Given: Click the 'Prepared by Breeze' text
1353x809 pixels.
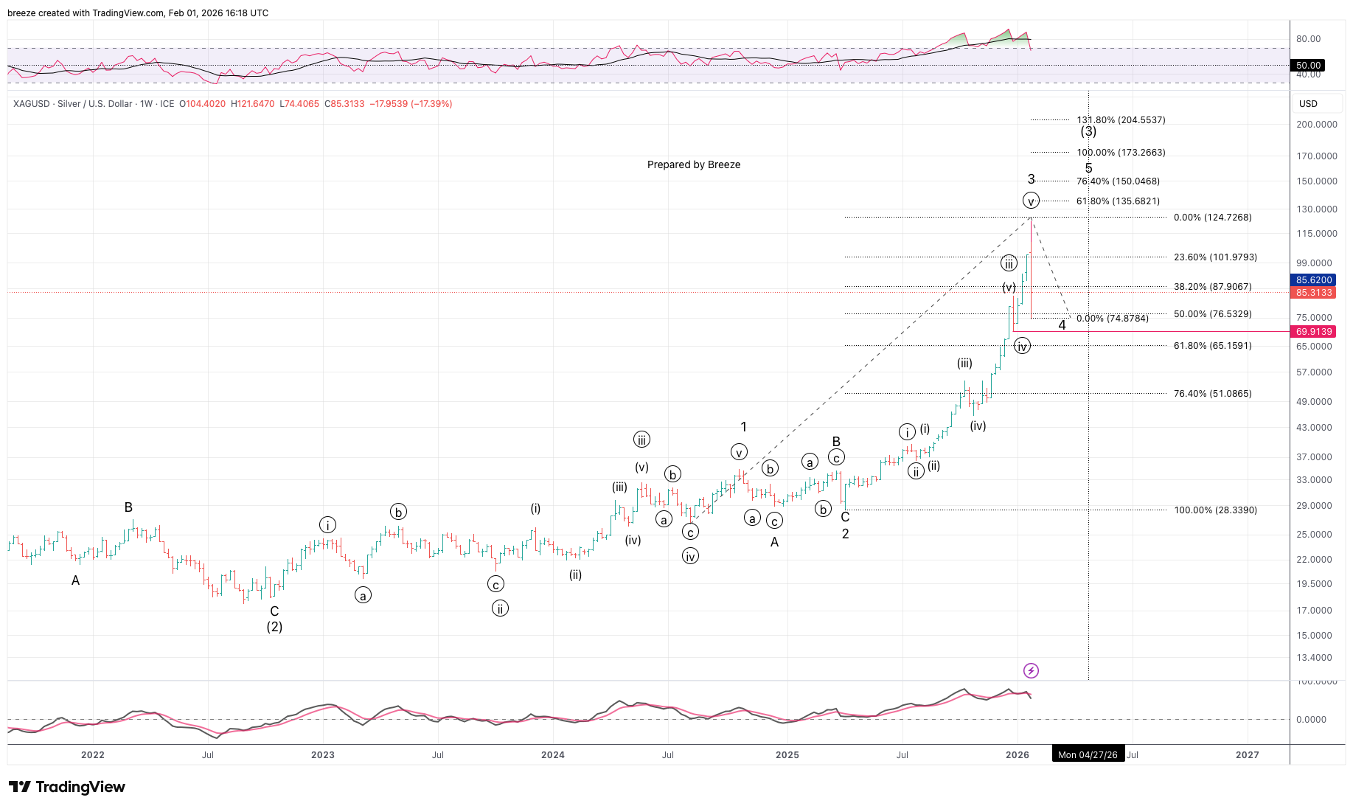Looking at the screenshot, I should (693, 164).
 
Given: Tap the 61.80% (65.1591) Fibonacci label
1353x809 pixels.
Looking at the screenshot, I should (1212, 345).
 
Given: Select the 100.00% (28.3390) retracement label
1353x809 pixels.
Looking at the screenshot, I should (1215, 510).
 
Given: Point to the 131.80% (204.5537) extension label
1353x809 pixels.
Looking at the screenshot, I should (1121, 119).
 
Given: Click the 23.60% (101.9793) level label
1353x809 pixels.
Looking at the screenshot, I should (1215, 257).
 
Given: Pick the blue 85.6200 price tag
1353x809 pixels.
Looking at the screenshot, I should (1314, 280).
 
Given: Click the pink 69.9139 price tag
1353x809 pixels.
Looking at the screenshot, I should (1314, 332).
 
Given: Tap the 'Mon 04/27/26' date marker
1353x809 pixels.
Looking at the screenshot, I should (1088, 754).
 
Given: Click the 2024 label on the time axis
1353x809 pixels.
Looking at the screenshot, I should (553, 754).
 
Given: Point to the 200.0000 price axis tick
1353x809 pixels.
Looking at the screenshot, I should (1316, 124).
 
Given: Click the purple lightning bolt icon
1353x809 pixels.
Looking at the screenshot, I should (1031, 670).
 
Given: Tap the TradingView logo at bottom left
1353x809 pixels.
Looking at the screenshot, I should (67, 787).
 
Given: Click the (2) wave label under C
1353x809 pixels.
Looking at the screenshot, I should (274, 627).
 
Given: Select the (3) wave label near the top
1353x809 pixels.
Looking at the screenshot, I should (1088, 131).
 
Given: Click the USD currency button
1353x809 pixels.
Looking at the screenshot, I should (1308, 103).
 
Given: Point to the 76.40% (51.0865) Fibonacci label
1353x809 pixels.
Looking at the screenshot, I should (1212, 393).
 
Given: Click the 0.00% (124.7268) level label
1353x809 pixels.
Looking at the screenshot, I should (1212, 217).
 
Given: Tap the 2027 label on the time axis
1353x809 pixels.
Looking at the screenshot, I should (1247, 754).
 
